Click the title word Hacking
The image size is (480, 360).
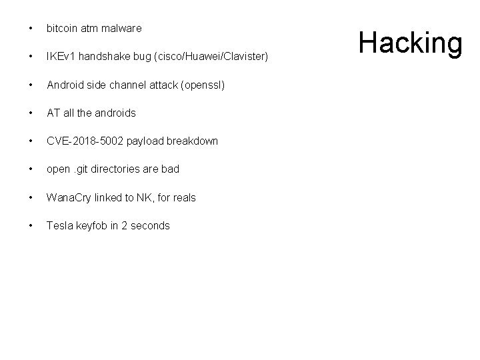[x=410, y=42]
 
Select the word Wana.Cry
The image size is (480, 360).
[x=69, y=198]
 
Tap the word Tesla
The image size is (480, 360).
[x=59, y=226]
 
